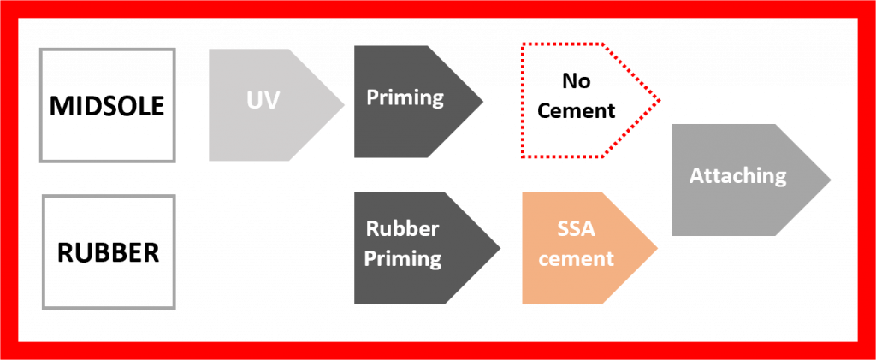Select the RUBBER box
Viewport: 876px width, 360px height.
tap(109, 251)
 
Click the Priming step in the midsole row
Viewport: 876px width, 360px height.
tap(411, 103)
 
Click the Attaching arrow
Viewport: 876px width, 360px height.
tap(741, 180)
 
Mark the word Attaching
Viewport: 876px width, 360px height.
tap(737, 176)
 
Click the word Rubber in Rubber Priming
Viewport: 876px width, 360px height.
tap(402, 229)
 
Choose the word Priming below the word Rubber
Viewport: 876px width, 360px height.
tap(403, 258)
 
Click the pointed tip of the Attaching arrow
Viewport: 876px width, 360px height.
tap(828, 180)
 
